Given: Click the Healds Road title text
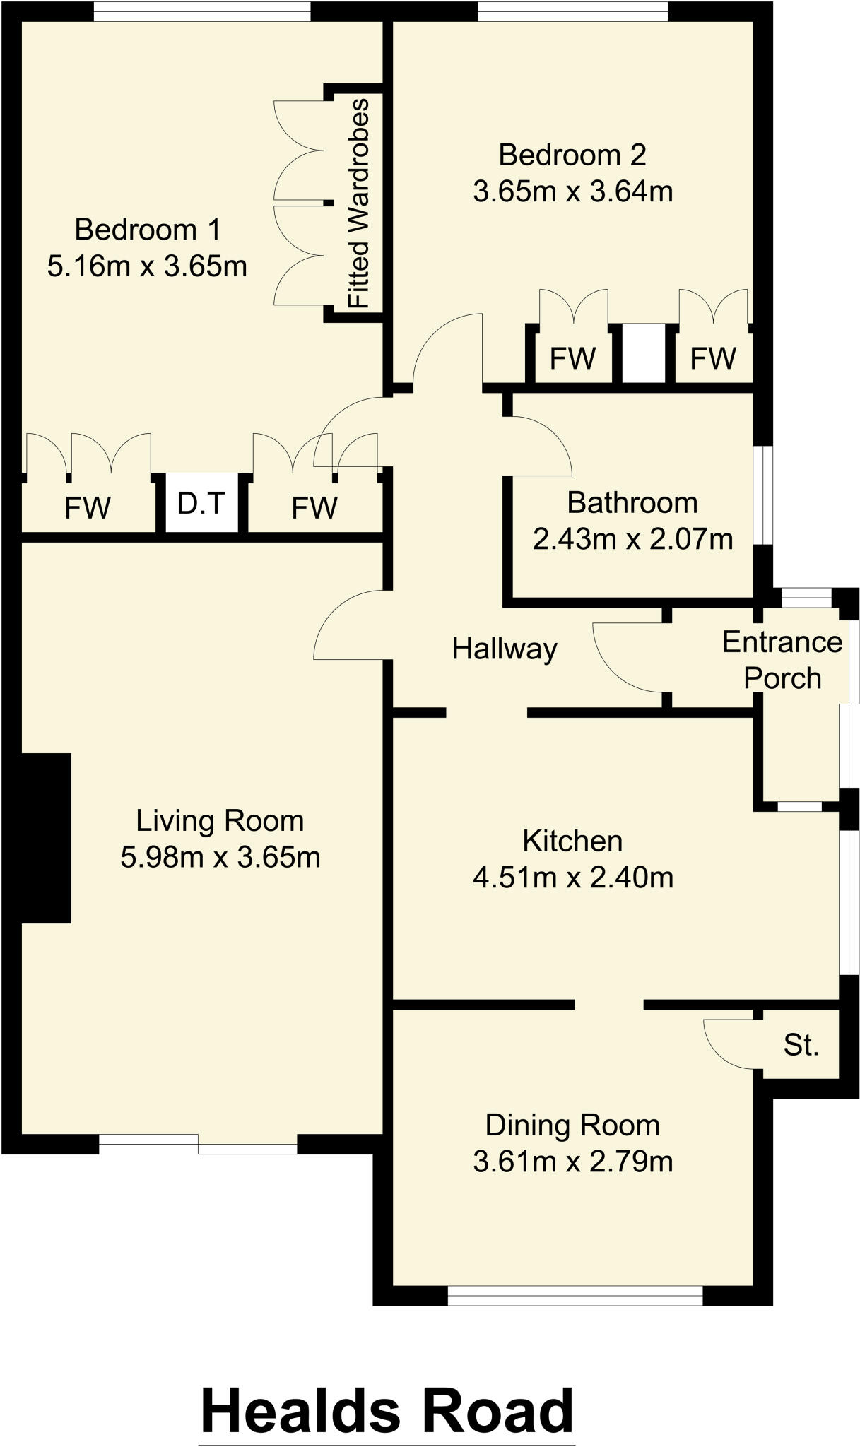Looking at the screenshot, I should [x=387, y=1410].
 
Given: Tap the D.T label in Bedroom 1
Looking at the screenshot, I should [x=201, y=504].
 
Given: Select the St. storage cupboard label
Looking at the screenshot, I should [x=801, y=1045].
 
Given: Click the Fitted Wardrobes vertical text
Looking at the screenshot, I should [x=359, y=203].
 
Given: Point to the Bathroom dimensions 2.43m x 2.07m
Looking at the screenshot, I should [x=632, y=540].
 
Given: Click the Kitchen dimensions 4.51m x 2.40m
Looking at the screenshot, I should [x=572, y=878].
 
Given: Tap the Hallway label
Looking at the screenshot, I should [x=505, y=649].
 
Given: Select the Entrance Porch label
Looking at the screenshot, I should [x=782, y=660].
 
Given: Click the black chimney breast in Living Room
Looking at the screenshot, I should [x=46, y=838].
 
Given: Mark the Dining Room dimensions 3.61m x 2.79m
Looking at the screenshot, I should [x=572, y=1162].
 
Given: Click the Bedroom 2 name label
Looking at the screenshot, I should [x=572, y=155].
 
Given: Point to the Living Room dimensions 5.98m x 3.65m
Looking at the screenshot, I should [x=220, y=858].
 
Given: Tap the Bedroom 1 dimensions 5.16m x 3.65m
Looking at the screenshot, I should [x=147, y=267].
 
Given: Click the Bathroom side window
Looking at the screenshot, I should [x=763, y=495].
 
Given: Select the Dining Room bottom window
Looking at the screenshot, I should [x=575, y=1295].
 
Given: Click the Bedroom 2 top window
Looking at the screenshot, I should [x=572, y=11].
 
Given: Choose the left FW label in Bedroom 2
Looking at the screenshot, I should [x=572, y=359].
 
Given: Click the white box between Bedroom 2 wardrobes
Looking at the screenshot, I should [x=644, y=353].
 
